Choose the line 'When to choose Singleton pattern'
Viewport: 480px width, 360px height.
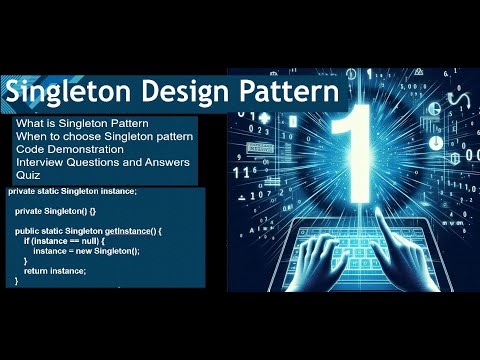click(105, 135)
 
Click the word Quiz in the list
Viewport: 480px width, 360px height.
click(27, 174)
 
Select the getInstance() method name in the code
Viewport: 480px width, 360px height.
click(130, 231)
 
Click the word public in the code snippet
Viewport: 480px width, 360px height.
click(27, 231)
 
